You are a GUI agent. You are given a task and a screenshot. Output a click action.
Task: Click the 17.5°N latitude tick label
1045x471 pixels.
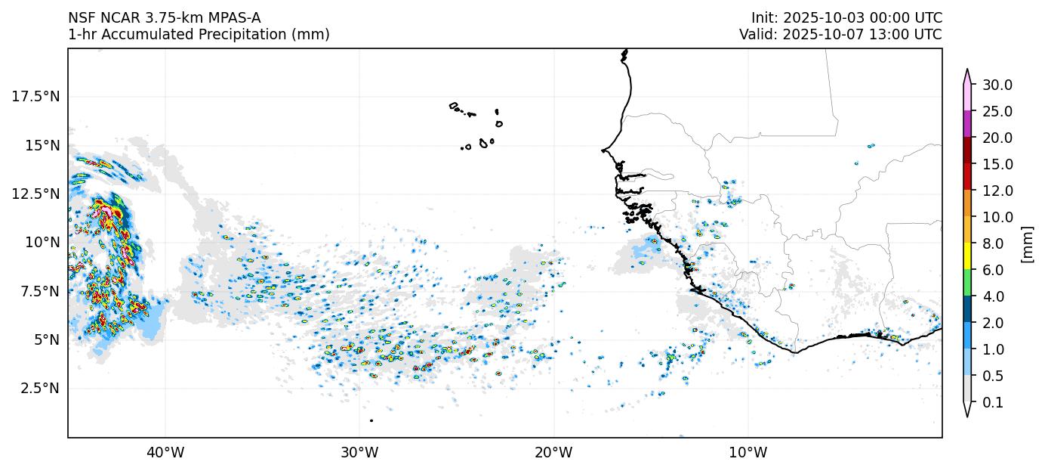click(36, 97)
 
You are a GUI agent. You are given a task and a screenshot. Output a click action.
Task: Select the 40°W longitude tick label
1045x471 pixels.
click(165, 453)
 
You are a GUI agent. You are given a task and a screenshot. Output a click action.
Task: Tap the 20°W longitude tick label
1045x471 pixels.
click(553, 453)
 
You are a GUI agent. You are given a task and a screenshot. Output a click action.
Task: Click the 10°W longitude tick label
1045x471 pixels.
click(748, 453)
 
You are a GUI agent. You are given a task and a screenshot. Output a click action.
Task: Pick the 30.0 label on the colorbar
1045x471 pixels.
click(997, 85)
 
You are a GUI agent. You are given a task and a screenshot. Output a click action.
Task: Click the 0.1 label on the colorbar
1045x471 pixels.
click(994, 403)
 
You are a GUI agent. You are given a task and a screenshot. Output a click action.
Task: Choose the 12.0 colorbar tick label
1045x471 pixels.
click(997, 191)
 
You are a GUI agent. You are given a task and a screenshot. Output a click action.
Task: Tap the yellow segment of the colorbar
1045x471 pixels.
click(966, 256)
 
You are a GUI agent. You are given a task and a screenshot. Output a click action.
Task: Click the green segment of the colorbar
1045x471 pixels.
click(966, 283)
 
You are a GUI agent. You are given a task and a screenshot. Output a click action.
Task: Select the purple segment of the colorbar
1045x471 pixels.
click(966, 124)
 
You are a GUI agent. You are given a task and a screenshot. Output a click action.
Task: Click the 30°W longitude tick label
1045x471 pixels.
click(359, 453)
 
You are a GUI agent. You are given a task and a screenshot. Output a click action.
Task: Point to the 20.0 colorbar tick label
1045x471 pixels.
click(997, 138)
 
